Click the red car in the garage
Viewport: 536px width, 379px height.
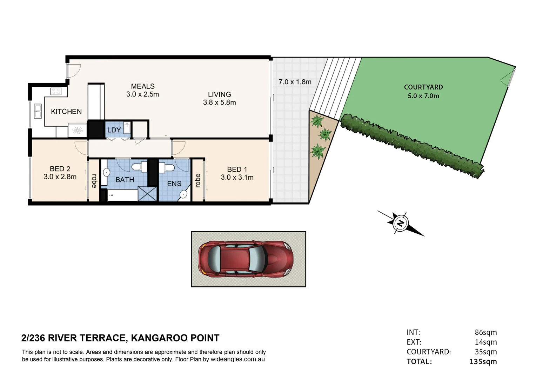click(245, 259)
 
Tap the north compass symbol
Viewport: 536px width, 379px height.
click(400, 223)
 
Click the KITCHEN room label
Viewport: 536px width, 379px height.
click(66, 112)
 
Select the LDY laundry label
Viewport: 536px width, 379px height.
click(114, 130)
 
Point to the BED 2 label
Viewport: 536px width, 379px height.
click(60, 169)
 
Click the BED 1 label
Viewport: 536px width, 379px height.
click(237, 169)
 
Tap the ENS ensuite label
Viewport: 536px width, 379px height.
click(174, 184)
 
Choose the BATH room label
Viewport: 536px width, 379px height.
click(125, 180)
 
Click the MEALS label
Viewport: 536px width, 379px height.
click(143, 86)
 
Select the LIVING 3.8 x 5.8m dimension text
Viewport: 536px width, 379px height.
click(220, 102)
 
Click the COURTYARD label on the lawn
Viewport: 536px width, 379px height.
click(423, 87)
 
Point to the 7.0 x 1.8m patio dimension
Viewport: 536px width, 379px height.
click(295, 82)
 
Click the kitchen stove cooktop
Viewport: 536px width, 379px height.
click(56, 92)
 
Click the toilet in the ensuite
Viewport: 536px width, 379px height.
click(168, 168)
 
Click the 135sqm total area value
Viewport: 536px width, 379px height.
click(483, 361)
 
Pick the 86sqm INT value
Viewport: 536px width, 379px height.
click(485, 332)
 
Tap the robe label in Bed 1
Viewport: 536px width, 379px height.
click(198, 180)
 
